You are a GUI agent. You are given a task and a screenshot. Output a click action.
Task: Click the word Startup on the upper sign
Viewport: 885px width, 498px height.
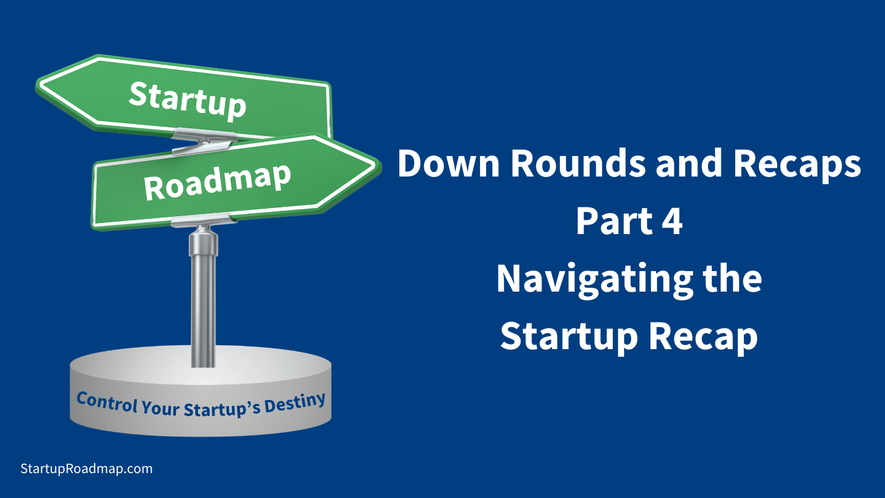pyautogui.click(x=188, y=100)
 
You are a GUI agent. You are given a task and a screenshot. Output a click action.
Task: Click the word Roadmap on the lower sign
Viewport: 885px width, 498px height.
pyautogui.click(x=217, y=181)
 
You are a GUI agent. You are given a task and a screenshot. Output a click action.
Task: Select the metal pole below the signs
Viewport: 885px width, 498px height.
pyautogui.click(x=203, y=299)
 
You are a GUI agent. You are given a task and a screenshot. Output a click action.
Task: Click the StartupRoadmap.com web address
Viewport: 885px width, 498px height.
pyautogui.click(x=86, y=469)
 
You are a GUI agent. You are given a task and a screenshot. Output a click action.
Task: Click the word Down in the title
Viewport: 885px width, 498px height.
pyautogui.click(x=448, y=164)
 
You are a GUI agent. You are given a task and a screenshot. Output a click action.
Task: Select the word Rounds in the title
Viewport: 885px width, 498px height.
pyautogui.click(x=577, y=164)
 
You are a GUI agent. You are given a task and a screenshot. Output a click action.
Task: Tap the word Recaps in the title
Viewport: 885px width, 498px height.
pyautogui.click(x=796, y=165)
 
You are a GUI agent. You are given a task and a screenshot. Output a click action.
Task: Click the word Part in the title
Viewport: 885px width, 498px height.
pyautogui.click(x=614, y=221)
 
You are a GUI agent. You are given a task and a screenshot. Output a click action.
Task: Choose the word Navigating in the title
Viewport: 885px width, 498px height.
pyautogui.click(x=594, y=280)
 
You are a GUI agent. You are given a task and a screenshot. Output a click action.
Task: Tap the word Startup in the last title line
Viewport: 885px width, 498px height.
pyautogui.click(x=569, y=338)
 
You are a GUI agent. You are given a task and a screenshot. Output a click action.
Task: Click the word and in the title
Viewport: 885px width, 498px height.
pyautogui.click(x=689, y=164)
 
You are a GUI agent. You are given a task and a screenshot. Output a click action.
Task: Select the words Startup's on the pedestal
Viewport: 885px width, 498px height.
pyautogui.click(x=221, y=409)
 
